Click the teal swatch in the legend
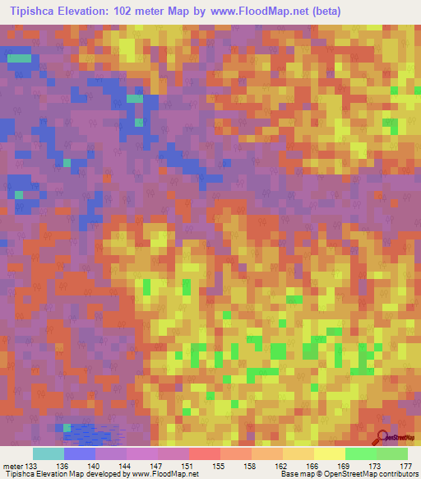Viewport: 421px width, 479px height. (49, 453)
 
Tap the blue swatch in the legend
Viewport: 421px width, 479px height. (80, 453)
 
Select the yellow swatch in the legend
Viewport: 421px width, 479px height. (329, 453)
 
